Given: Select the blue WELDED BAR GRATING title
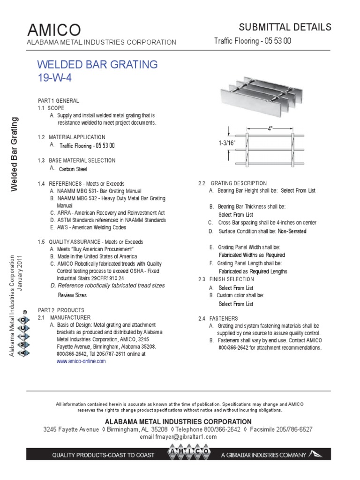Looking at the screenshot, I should click(97, 64).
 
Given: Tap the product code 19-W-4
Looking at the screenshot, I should click(55, 77).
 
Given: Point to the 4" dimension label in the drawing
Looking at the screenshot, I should click(270, 128).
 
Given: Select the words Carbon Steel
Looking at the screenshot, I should click(72, 169).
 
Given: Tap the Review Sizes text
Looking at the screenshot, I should click(72, 295).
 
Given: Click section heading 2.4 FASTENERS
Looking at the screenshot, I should click(218, 318).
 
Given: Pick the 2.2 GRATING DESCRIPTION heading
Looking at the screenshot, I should click(232, 183).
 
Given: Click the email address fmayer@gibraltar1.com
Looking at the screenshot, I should click(179, 436).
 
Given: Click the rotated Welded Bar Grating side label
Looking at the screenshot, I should click(14, 154).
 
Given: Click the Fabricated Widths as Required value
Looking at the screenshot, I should click(252, 255).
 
